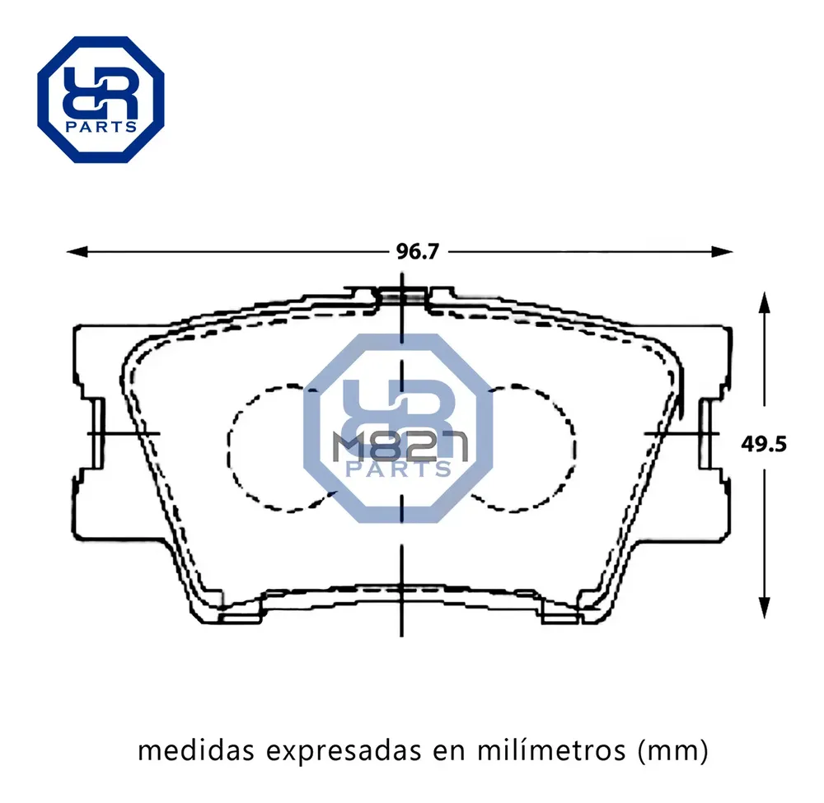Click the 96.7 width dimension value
pos(417,252)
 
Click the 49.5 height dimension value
pos(764,444)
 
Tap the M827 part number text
pos(400,447)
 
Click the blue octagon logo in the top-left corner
pos(101,100)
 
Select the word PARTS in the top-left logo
pos(101,127)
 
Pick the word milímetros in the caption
pos(551,750)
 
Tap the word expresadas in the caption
pos(344,752)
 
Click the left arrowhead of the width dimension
pos(77,252)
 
